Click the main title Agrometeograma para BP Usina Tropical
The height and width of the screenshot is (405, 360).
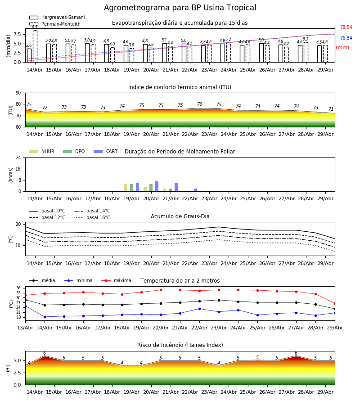(180, 8)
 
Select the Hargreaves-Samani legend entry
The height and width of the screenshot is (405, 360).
(57, 17)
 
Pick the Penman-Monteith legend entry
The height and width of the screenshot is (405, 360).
(55, 24)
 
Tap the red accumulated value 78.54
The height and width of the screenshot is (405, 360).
(346, 27)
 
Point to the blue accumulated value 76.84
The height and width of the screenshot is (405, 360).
(346, 38)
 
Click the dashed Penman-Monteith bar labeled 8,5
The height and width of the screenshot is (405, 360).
(35, 46)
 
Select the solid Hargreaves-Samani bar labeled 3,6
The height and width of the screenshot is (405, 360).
(29, 55)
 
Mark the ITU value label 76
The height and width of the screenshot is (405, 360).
(200, 104)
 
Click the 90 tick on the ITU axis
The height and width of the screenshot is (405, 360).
(18, 93)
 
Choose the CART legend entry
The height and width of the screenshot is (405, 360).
(106, 151)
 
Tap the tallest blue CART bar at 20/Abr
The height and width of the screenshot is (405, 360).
(157, 186)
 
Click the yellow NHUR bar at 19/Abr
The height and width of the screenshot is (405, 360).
(126, 188)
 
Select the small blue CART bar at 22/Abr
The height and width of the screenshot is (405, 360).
(195, 190)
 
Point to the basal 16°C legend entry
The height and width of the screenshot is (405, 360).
(92, 217)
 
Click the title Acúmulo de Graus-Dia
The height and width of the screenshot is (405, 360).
(180, 216)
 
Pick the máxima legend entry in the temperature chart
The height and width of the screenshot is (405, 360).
(116, 280)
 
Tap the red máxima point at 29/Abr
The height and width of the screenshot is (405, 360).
(335, 303)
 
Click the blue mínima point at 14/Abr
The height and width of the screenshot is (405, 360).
(45, 317)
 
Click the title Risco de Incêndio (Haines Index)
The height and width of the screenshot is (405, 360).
(180, 345)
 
